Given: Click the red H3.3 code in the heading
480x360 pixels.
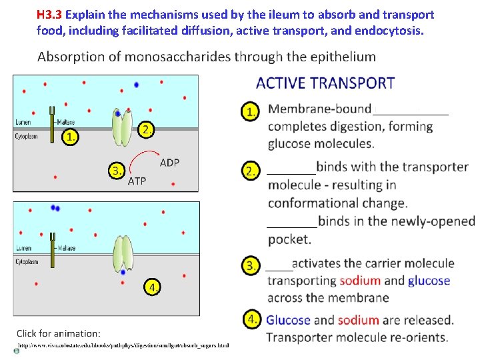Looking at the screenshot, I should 49,14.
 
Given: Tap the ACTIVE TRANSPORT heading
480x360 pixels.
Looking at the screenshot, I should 325,83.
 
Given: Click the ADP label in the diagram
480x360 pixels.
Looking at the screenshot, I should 169,163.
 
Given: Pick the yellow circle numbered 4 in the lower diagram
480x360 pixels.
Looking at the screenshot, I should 153,287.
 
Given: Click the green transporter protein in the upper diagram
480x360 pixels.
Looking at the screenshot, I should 122,127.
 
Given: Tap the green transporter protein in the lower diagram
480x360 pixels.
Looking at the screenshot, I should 123,254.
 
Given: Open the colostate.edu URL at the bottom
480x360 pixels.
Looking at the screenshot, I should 123,345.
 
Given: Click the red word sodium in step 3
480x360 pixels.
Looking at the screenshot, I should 360,281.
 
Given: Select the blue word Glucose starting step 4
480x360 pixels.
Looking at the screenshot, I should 288,320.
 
